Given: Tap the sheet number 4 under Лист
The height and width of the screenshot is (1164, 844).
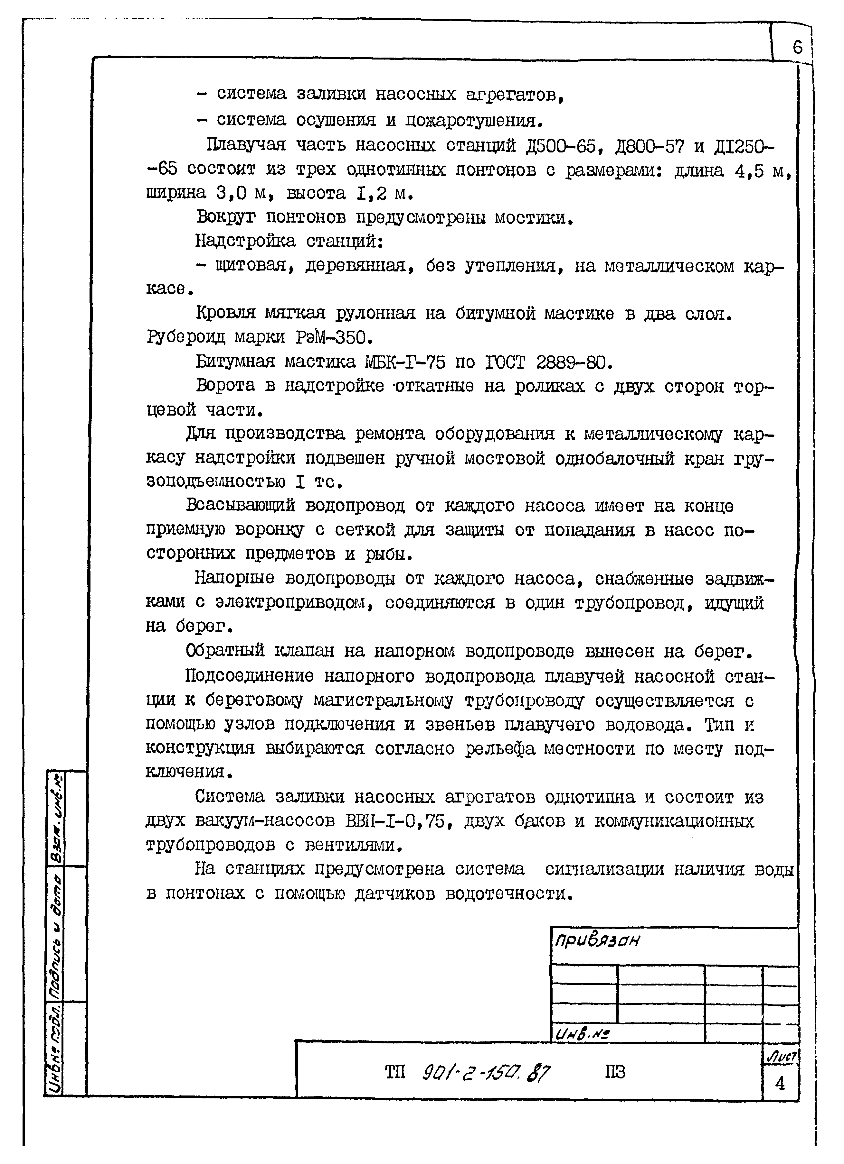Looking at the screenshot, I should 780,1083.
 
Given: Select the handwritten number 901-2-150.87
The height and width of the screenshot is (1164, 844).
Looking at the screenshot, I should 486,1072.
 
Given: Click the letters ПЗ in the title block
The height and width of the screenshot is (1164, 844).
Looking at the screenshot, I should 615,1072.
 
